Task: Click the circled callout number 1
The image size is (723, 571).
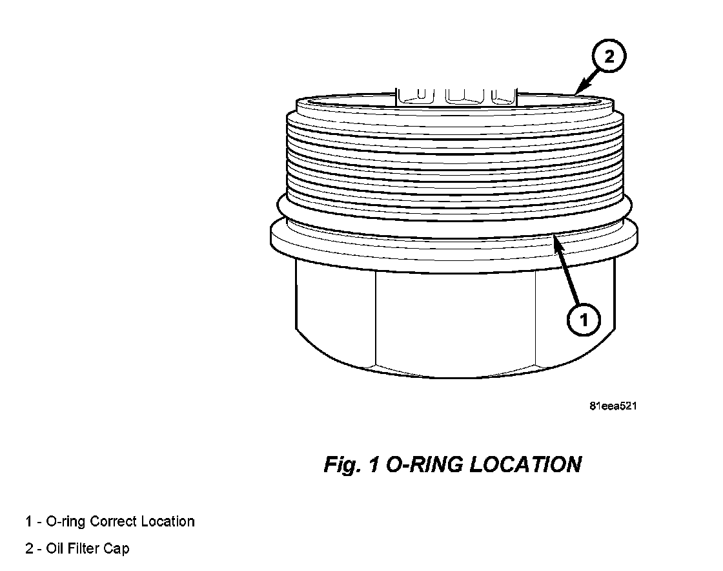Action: [583, 320]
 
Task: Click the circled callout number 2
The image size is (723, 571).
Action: [609, 57]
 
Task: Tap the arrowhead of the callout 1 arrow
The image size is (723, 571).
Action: [556, 239]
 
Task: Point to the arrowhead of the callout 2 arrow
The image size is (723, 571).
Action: [577, 92]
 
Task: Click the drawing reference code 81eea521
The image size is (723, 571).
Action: [615, 406]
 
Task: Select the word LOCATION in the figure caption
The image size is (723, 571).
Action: [525, 464]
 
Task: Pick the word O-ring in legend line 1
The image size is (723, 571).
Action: [66, 521]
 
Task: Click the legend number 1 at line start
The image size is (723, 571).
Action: [28, 521]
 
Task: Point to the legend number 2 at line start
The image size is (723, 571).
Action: [29, 549]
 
